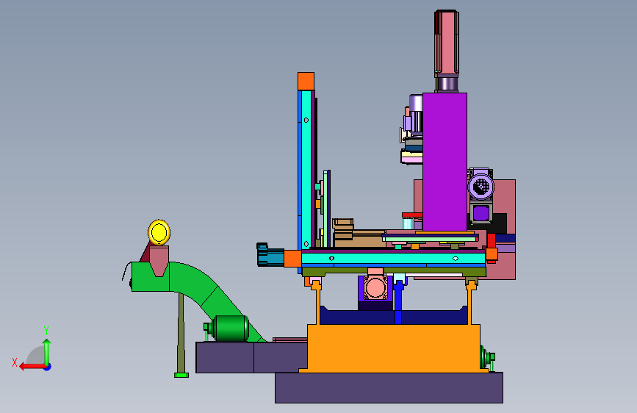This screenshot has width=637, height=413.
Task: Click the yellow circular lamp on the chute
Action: [159, 232]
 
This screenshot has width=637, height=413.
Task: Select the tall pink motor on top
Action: [447, 42]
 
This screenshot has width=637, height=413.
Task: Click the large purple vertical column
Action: [445, 162]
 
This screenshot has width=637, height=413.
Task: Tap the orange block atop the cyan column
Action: [306, 82]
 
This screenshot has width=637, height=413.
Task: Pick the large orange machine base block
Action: [394, 348]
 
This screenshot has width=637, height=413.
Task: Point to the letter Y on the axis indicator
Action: [46, 331]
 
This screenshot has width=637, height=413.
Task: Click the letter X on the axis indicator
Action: [15, 362]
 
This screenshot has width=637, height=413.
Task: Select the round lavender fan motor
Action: [481, 187]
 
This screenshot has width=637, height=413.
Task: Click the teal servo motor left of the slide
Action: [270, 255]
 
